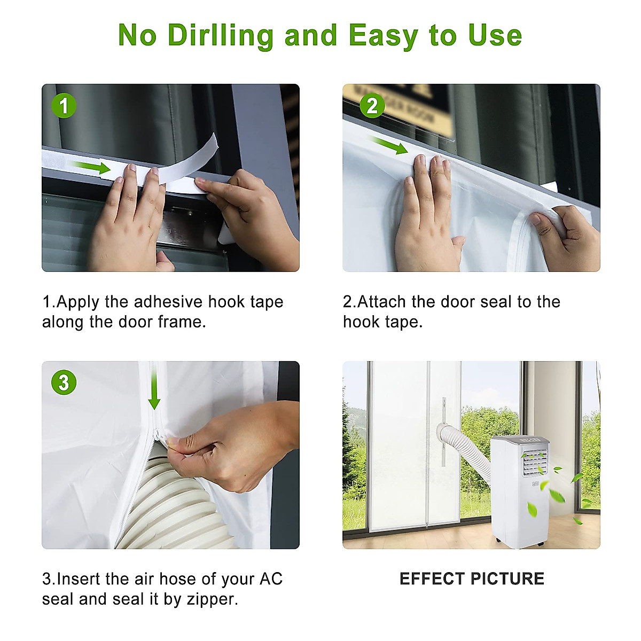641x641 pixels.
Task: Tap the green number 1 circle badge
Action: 64,106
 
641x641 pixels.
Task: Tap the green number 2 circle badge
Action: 372,106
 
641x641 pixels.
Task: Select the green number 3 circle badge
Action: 64,382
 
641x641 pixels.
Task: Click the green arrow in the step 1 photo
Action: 91,167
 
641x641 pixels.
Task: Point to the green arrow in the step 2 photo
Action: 388,145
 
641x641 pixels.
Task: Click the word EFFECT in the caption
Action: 432,579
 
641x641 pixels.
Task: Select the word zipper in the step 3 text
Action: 212,599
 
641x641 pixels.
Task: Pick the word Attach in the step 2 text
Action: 381,302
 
